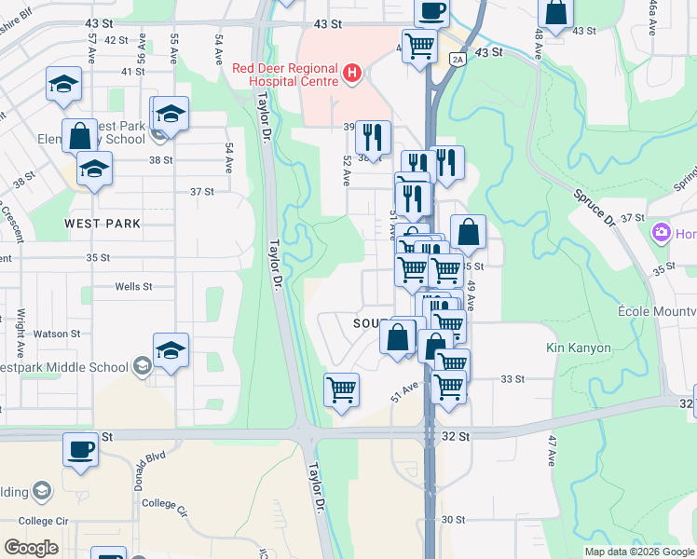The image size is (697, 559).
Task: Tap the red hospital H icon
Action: (352, 73)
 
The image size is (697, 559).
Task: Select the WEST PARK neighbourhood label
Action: (102, 224)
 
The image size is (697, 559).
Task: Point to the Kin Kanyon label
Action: (579, 348)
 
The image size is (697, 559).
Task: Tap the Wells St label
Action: (133, 287)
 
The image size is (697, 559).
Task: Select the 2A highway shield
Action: (458, 60)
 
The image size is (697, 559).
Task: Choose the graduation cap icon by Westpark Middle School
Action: (171, 349)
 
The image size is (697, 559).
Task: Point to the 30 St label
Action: (453, 519)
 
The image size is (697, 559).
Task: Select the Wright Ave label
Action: (18, 319)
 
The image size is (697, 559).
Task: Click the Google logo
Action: (31, 547)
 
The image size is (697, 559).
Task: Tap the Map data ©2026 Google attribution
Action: (639, 552)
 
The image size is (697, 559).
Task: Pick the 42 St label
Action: (116, 40)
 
